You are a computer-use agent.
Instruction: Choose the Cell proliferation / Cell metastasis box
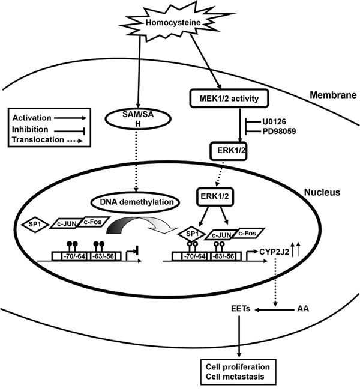233,371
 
